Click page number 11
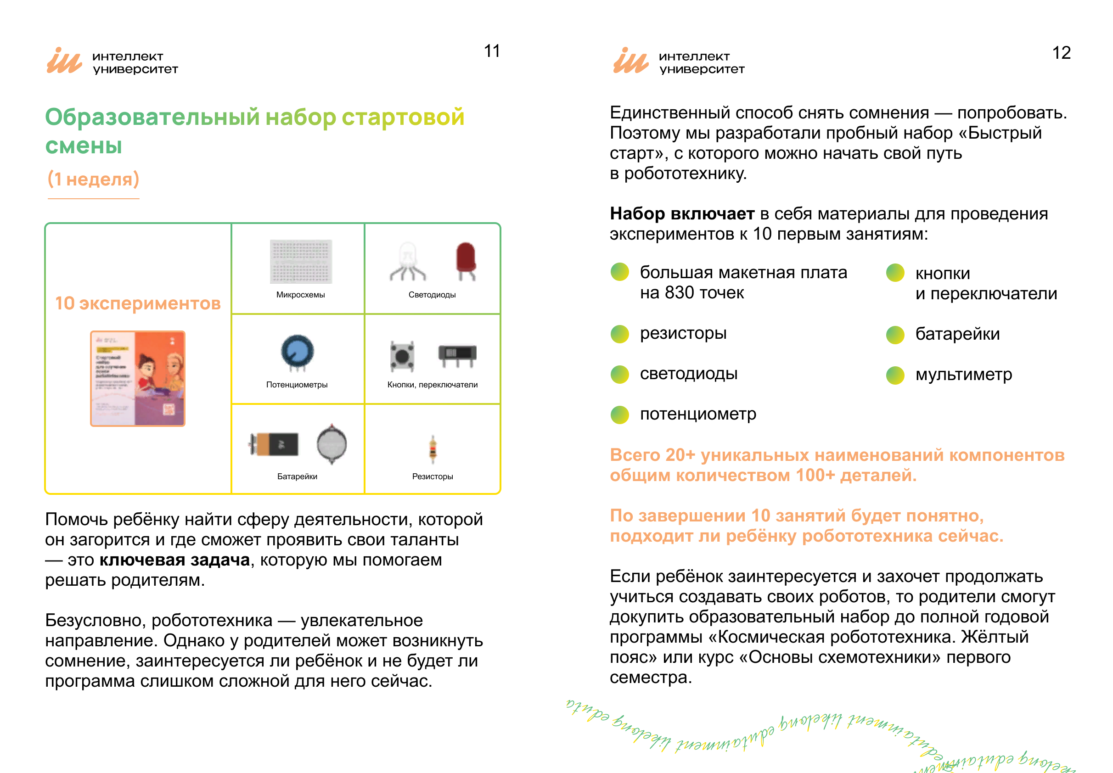[492, 51]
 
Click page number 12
[1061, 53]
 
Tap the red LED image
[466, 261]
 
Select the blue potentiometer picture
[297, 352]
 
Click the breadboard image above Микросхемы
[301, 262]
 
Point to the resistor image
[433, 448]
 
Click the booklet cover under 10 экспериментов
[138, 378]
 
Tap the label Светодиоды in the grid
[432, 295]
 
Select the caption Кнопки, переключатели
[432, 385]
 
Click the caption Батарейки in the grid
[297, 476]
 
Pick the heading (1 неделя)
[93, 179]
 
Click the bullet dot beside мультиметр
[895, 375]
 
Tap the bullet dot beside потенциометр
[619, 415]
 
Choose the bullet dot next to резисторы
[619, 334]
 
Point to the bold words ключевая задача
[174, 560]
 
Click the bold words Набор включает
[681, 213]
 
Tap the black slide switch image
[457, 353]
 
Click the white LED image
[407, 262]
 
